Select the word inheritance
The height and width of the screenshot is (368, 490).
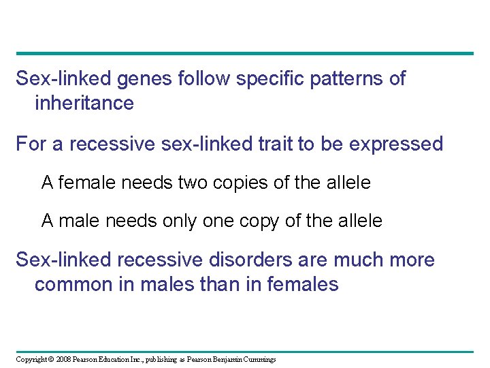(x=84, y=104)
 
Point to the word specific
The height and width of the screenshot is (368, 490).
(x=267, y=79)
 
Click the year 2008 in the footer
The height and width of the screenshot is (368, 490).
(x=63, y=360)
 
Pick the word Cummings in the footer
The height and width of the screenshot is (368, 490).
(x=258, y=360)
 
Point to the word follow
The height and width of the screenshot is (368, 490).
(x=203, y=79)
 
